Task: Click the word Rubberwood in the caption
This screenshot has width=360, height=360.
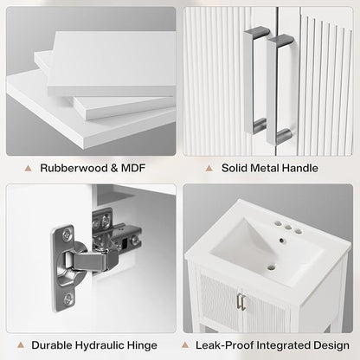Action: click(x=74, y=168)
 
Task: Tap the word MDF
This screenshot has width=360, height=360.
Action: click(x=132, y=168)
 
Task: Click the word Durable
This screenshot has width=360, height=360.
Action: click(x=52, y=345)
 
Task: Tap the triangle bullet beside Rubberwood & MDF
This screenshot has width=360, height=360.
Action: click(x=28, y=168)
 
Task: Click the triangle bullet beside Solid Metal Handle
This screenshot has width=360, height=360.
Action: click(x=209, y=168)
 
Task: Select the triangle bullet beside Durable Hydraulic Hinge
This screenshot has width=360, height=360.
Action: click(x=20, y=345)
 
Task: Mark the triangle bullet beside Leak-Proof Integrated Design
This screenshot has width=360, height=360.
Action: click(x=185, y=345)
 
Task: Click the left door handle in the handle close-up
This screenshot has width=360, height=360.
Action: click(x=254, y=80)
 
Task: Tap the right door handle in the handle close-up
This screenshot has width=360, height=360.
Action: click(x=278, y=89)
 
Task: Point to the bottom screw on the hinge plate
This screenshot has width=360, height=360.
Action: click(x=67, y=298)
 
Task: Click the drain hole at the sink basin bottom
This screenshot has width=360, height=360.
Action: click(x=271, y=267)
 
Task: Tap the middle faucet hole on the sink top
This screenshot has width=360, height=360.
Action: click(x=288, y=228)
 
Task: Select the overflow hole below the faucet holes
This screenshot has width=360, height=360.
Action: click(x=281, y=240)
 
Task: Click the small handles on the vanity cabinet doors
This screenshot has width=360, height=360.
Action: click(x=241, y=302)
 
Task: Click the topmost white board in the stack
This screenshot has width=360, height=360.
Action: click(x=112, y=62)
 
